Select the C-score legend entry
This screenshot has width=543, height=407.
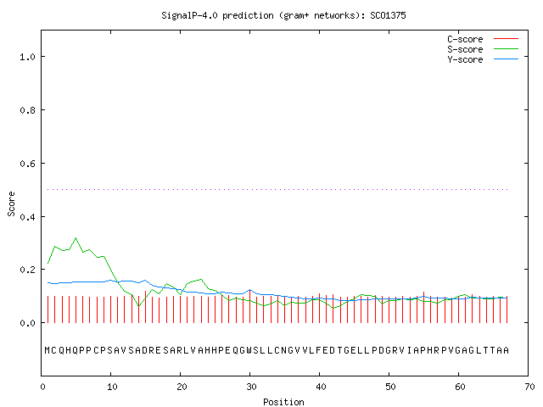pos(483,39)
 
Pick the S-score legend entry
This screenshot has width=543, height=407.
pos(483,49)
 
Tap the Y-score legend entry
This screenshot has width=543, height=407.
pos(483,59)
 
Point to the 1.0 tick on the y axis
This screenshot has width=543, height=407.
pos(27,57)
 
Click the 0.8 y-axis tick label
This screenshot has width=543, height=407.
pos(27,110)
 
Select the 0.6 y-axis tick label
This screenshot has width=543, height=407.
pos(27,164)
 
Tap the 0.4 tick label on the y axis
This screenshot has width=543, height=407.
pos(27,217)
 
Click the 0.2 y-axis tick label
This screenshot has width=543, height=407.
pos(27,270)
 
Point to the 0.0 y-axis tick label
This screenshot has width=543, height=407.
pos(27,323)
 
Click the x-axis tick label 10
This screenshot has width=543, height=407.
pos(112,387)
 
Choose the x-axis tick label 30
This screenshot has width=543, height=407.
pos(251,387)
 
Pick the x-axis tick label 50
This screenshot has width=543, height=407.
pos(390,387)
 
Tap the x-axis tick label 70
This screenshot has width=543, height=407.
pos(529,387)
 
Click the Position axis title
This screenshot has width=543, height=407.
pos(283,402)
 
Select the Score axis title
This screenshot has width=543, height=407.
pos(11,204)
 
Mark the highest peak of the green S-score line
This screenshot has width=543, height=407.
pos(76,238)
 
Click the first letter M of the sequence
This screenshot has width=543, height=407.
pos(48,350)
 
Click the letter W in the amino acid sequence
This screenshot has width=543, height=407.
pos(249,350)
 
